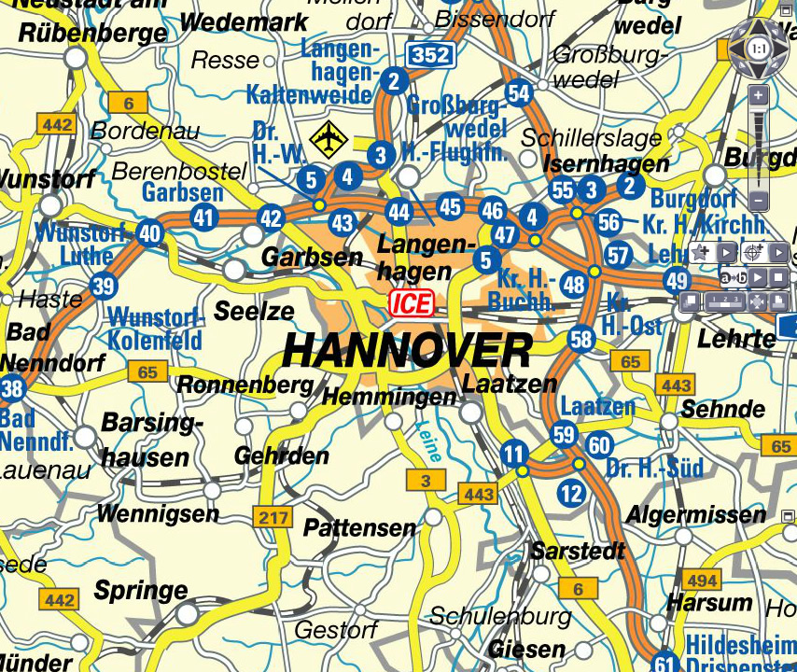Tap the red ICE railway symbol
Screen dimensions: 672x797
(x=412, y=302)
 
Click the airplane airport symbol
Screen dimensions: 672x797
(x=329, y=140)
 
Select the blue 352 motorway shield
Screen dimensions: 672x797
(x=430, y=56)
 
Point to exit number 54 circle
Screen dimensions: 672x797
(x=519, y=92)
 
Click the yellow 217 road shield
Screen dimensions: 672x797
(x=274, y=518)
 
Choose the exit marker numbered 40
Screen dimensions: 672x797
(x=149, y=232)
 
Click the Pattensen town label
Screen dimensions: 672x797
(x=359, y=527)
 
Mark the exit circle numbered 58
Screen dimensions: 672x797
(x=581, y=338)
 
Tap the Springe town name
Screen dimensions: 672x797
(x=141, y=591)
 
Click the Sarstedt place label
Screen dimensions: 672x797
(x=578, y=551)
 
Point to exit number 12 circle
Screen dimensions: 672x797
(x=571, y=493)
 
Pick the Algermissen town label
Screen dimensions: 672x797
(x=695, y=514)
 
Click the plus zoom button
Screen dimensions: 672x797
(x=759, y=96)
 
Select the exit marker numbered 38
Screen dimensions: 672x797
(x=11, y=389)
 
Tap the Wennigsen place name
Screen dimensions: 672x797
(x=158, y=513)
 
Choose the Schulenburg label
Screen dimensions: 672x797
(x=500, y=617)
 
